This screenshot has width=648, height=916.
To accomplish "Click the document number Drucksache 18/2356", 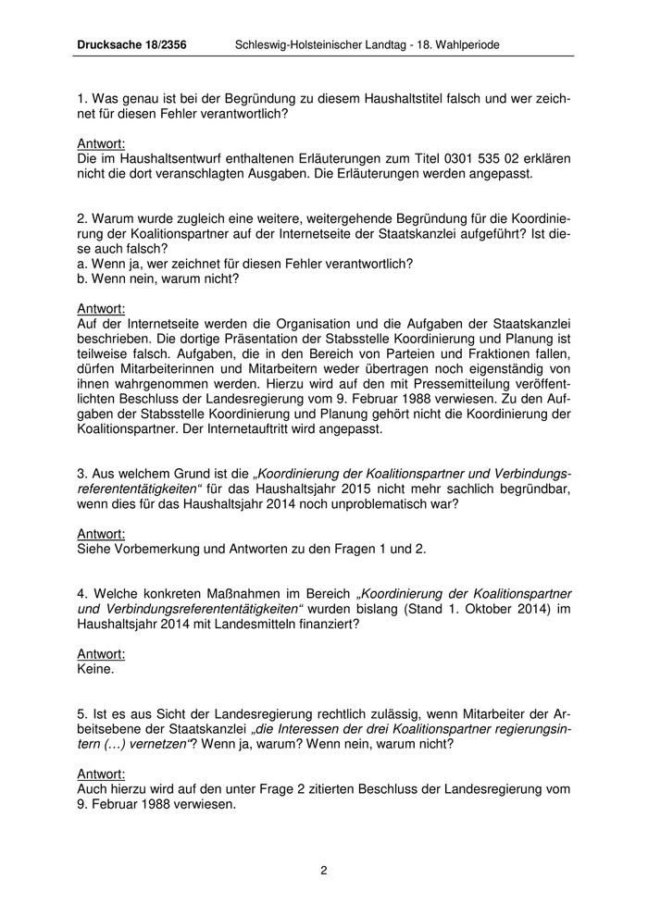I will (131, 43).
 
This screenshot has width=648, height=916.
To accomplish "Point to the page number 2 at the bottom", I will (324, 870).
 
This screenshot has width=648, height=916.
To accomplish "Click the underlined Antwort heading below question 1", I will (101, 143).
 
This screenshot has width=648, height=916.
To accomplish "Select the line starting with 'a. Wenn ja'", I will (245, 264).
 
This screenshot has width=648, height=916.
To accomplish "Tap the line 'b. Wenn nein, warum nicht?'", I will (158, 279).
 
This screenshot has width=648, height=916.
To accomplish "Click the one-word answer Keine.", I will (96, 667).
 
